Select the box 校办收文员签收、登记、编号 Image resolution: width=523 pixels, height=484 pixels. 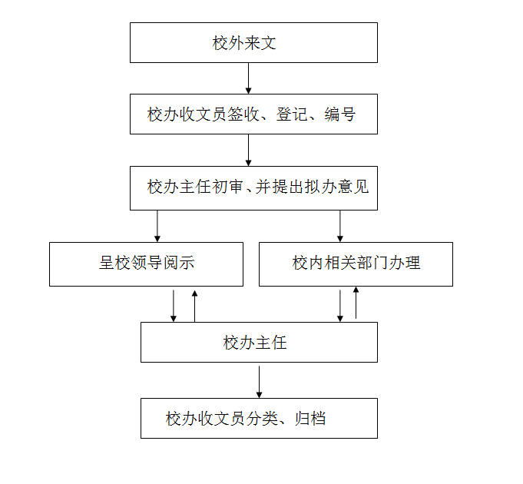point(253,114)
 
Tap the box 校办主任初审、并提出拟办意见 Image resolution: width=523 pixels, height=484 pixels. point(253,187)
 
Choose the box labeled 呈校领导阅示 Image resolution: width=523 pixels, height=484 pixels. point(146,264)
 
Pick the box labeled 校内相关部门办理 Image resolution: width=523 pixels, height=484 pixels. point(356,264)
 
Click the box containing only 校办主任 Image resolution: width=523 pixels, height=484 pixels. point(259,342)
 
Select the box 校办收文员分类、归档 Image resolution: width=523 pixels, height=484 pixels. point(259,418)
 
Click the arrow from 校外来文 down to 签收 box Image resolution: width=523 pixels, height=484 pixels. point(248,78)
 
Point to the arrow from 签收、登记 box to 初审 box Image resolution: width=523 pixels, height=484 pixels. point(248,150)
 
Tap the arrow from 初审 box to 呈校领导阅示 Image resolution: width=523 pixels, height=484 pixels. point(157,226)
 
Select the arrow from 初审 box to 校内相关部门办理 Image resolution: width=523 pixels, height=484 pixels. point(340,226)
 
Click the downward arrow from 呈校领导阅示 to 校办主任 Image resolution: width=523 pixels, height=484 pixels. point(174,305)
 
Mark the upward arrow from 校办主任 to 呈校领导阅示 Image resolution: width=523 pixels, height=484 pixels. point(195,305)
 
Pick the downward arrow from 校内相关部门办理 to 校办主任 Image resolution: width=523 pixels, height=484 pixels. point(340,305)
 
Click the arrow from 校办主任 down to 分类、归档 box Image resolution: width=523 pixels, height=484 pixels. point(259,380)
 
